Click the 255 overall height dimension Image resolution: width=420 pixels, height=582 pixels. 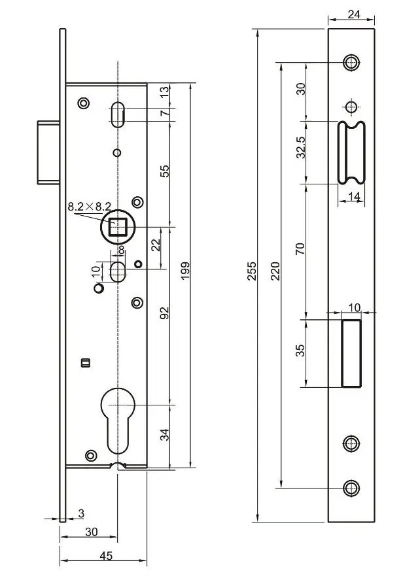(x=252, y=271)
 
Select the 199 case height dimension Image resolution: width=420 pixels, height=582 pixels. (x=184, y=271)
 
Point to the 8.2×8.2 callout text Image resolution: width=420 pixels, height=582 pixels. (x=89, y=207)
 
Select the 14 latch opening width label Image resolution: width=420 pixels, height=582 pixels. (x=353, y=196)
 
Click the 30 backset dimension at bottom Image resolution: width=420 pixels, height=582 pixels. (x=91, y=532)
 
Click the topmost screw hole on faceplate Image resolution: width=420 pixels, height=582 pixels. (x=352, y=63)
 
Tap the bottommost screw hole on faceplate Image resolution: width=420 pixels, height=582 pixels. (x=352, y=487)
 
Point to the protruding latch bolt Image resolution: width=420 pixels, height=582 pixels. (x=46, y=152)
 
